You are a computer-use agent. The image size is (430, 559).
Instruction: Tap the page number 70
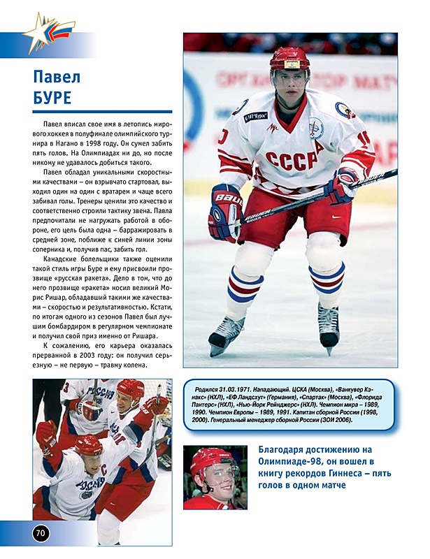(x=41, y=533)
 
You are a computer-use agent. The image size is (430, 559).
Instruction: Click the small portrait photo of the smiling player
(x=215, y=477)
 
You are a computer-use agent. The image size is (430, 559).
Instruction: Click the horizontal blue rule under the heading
(x=102, y=111)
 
